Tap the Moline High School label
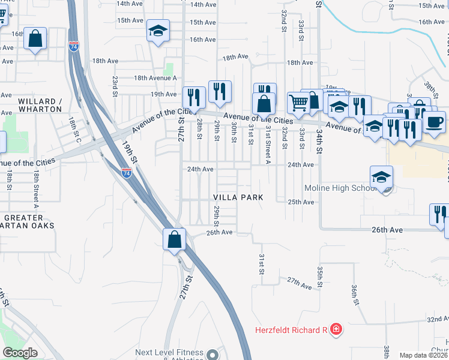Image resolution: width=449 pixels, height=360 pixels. coord(340,188)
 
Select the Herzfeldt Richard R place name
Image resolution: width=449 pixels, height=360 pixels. coord(289,329)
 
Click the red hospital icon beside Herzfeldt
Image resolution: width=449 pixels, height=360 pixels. coord(336,329)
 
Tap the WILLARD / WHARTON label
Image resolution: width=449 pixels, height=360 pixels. coord(40,105)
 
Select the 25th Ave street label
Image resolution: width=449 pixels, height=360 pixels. coord(301,202)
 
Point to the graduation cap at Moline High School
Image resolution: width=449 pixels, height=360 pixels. coord(381,178)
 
